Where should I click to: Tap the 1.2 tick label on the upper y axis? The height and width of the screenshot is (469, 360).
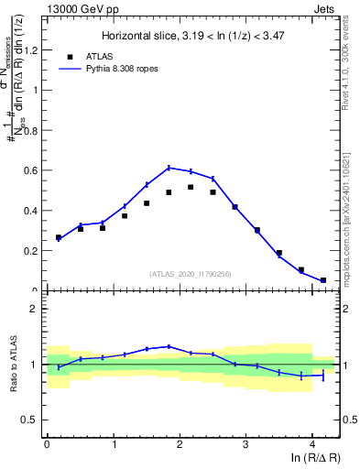(33, 49)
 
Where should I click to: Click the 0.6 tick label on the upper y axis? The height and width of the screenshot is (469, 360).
(33, 170)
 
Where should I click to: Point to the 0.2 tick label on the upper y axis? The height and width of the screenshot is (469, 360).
(33, 250)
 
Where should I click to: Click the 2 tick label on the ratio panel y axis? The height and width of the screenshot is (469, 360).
(38, 309)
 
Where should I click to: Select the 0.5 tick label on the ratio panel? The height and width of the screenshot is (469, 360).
(33, 420)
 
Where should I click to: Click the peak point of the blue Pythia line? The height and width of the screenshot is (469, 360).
(169, 167)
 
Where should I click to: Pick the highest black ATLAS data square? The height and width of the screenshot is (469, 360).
(191, 187)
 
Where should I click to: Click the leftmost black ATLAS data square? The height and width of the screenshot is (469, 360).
(59, 237)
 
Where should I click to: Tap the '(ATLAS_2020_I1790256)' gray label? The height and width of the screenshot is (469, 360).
(191, 274)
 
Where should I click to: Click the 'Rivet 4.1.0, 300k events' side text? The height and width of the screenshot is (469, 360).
(352, 63)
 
